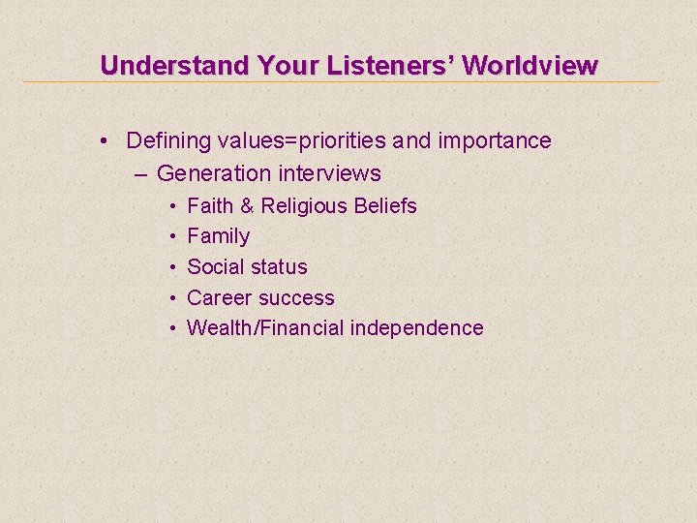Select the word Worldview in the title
coord(530,66)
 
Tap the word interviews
coord(330,174)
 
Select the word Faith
coord(209,206)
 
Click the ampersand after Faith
coord(247,206)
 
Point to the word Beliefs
coord(385,206)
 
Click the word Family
coord(219,236)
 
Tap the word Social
coord(215,267)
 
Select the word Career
coord(218,298)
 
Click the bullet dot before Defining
coord(103,141)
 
